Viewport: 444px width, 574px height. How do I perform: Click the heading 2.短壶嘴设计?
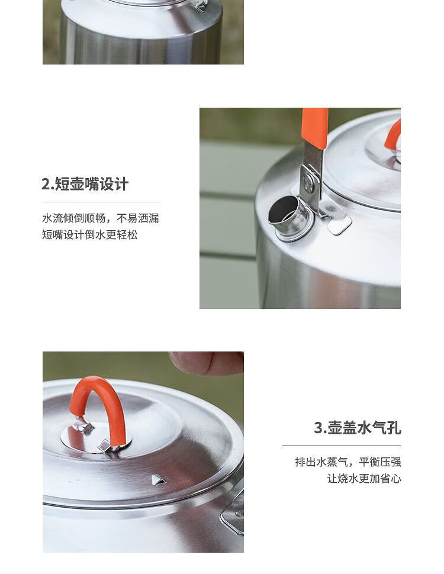tap(85, 184)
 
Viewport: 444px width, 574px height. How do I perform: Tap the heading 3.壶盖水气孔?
tap(357, 428)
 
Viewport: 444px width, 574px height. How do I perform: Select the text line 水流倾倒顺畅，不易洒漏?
tap(101, 218)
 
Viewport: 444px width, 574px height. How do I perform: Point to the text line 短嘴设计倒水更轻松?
tap(90, 235)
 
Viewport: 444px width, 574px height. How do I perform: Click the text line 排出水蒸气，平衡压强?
tap(348, 462)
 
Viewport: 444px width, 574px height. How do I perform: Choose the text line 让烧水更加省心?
tap(364, 479)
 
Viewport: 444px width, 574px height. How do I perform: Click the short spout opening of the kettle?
tap(282, 209)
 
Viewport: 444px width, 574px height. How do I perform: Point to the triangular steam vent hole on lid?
tap(159, 479)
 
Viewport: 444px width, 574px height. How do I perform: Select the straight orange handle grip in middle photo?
tap(315, 128)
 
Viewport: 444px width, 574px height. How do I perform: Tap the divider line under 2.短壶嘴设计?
tap(101, 202)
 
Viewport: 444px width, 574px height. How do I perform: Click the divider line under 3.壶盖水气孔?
tap(342, 446)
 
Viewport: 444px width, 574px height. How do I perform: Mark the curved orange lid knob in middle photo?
tap(392, 134)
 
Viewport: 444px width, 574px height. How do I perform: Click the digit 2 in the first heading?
tap(46, 184)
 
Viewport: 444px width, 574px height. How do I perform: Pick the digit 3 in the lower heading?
tap(318, 428)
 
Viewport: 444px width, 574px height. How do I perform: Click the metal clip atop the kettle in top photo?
tap(201, 5)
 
